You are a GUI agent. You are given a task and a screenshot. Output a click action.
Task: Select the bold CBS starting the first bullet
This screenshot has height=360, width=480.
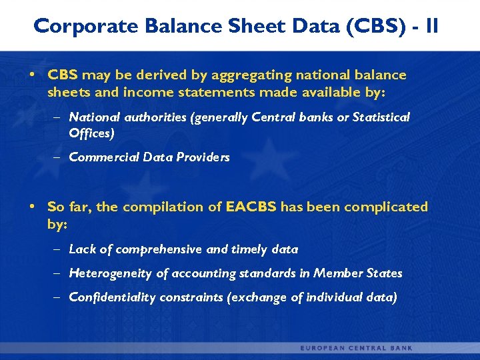[63, 75]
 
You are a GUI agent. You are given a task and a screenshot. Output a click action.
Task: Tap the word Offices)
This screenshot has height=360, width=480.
[92, 133]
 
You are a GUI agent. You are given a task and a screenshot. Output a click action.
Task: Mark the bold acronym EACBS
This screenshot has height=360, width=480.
[251, 207]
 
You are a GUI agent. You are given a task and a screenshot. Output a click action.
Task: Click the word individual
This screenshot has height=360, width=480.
[335, 297]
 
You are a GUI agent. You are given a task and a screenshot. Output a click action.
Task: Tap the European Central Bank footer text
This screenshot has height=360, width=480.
[357, 348]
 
